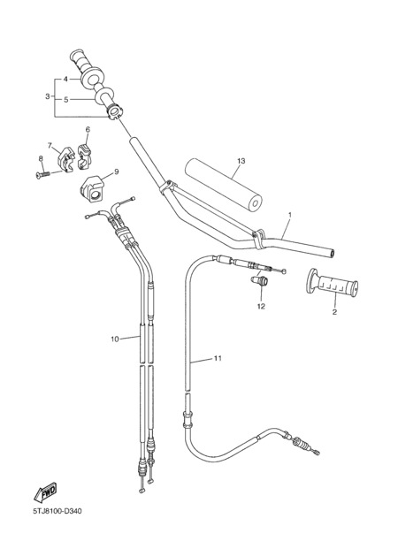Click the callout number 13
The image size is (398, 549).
coord(241,161)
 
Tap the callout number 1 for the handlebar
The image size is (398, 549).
coord(290,214)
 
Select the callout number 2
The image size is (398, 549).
coord(334,311)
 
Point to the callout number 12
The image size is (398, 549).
coord(261,307)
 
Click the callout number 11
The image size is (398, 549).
coord(218,358)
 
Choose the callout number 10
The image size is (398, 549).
coord(115,339)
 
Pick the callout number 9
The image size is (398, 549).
coord(117,172)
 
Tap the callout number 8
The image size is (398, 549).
coord(41,158)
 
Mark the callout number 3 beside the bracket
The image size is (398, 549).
coord(48,96)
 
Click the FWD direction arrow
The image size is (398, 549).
coord(45,492)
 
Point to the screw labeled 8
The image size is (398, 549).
coord(43,173)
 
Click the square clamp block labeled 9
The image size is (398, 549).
coord(93,189)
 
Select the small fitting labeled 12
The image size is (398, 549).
coord(259,280)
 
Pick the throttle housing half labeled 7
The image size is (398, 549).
coord(66,160)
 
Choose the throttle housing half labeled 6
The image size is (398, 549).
coord(84,156)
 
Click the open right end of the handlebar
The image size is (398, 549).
coord(332,253)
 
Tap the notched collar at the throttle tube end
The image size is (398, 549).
coord(114,111)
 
